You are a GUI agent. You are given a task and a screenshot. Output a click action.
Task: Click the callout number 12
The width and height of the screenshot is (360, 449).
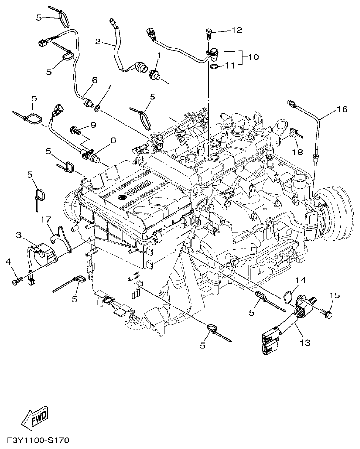tap(236, 30)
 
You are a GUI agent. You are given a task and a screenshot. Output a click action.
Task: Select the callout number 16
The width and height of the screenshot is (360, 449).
tap(342, 109)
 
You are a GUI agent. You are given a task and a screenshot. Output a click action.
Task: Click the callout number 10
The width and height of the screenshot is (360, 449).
tap(253, 56)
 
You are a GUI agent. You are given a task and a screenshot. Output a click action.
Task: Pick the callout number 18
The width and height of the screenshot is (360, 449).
tap(297, 152)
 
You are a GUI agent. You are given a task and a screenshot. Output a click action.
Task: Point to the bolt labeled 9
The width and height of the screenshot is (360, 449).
tap(75, 129)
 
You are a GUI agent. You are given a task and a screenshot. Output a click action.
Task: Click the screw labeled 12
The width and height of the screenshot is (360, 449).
tap(208, 33)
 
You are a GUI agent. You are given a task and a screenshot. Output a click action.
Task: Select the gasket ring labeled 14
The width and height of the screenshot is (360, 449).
tap(288, 296)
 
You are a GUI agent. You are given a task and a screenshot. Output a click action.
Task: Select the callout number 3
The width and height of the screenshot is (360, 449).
tap(19, 235)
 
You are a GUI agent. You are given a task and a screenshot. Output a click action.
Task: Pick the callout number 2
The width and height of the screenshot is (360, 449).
tap(97, 42)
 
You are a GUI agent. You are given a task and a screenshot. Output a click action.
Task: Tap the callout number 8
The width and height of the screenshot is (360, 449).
tap(113, 140)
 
